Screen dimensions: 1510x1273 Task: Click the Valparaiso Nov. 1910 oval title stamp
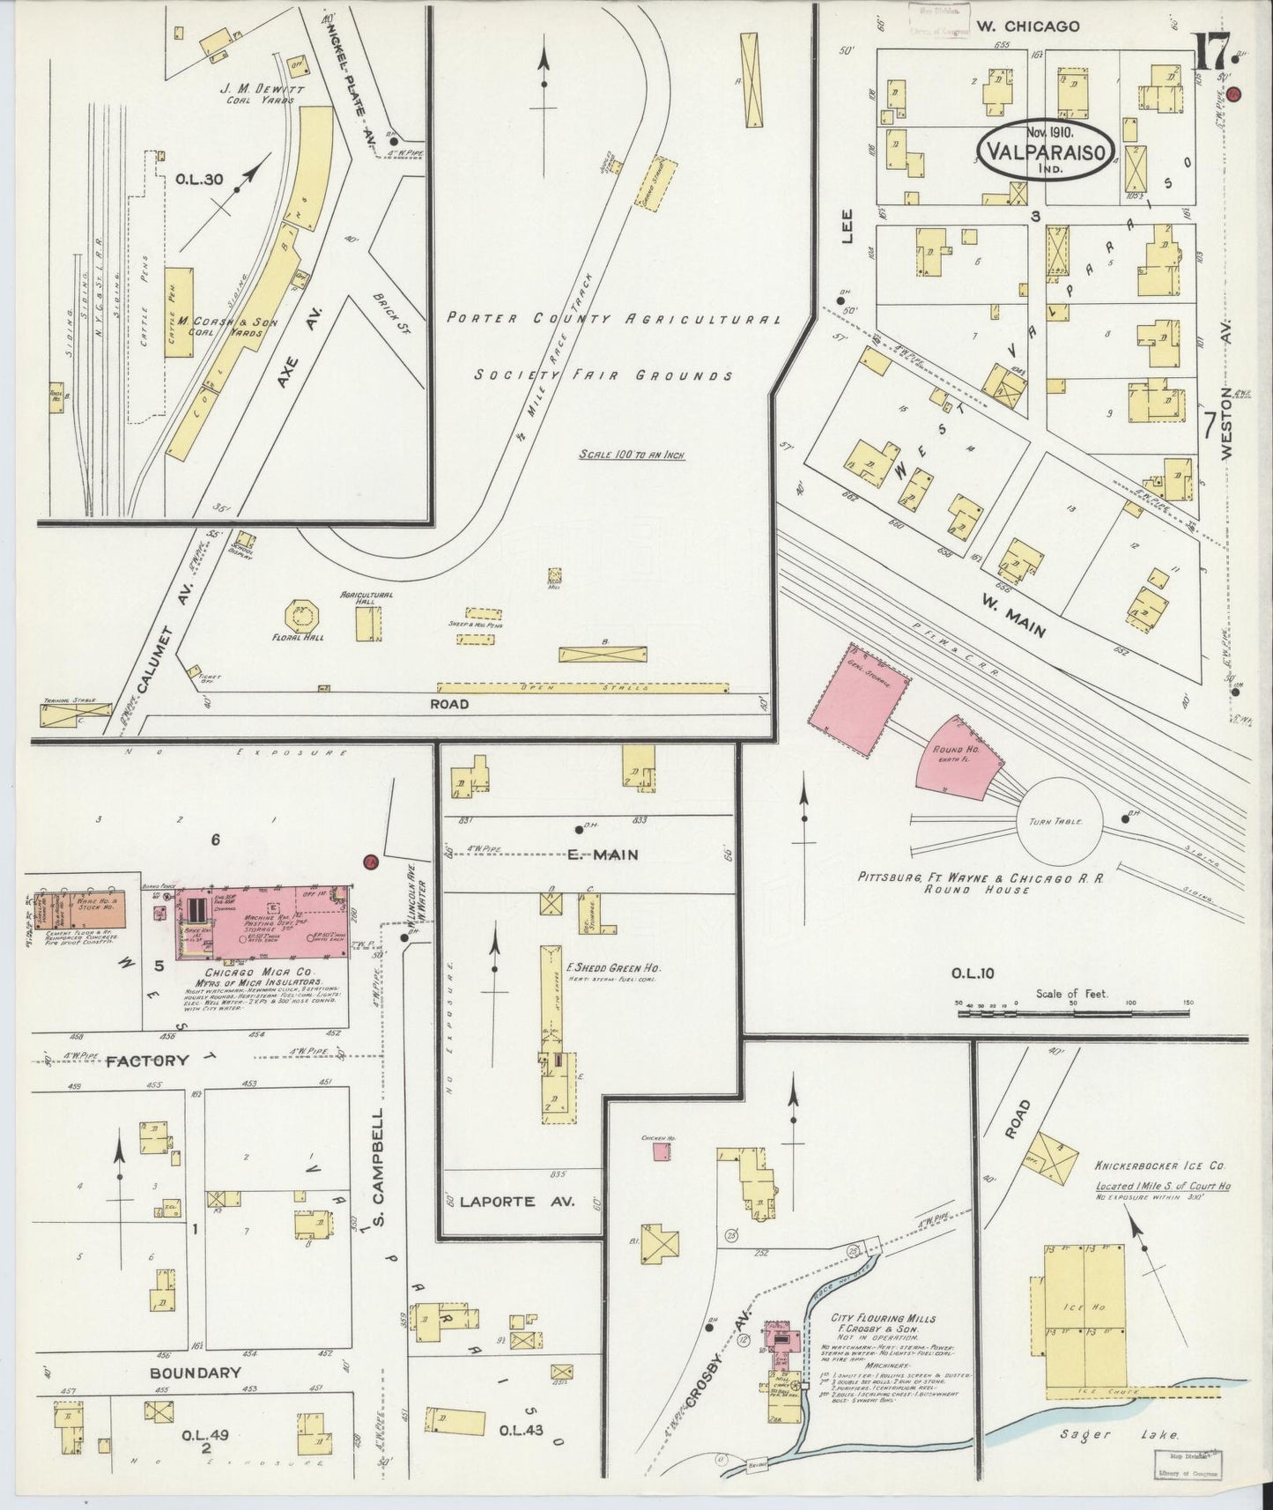pyautogui.click(x=1045, y=151)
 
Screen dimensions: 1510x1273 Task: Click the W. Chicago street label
pyautogui.click(x=1027, y=26)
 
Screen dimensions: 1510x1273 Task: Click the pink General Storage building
pyautogui.click(x=859, y=704)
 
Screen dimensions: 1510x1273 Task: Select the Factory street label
pyautogui.click(x=146, y=1061)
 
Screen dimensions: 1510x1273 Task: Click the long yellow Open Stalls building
pyautogui.click(x=583, y=686)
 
